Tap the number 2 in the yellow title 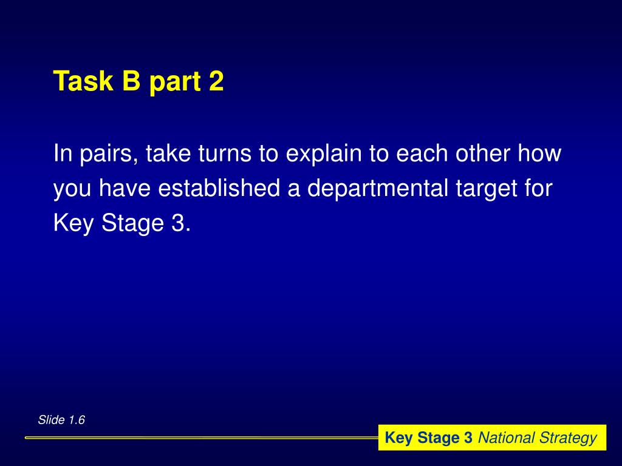click(x=216, y=81)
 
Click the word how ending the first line click(x=539, y=154)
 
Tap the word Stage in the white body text click(x=130, y=225)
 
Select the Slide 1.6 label click(x=61, y=420)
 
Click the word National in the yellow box click(x=506, y=438)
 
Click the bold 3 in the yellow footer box click(x=468, y=438)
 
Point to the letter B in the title click(x=131, y=81)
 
